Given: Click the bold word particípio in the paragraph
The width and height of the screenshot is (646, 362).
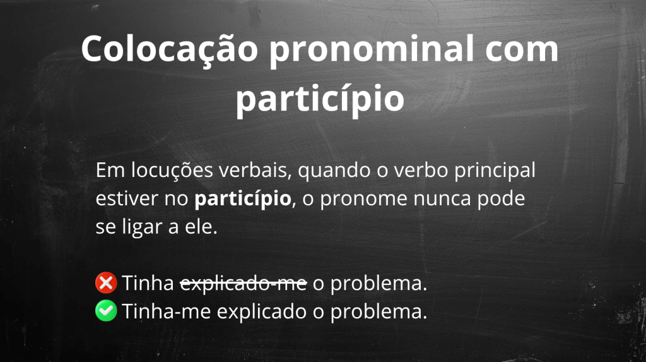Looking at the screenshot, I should pyautogui.click(x=243, y=199).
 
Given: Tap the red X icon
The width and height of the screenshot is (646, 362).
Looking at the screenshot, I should pyautogui.click(x=106, y=283).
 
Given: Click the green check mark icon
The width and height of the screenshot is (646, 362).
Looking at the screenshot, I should pyautogui.click(x=106, y=311).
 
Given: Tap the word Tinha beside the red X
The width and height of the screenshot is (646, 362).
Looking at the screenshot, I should pyautogui.click(x=148, y=284).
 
